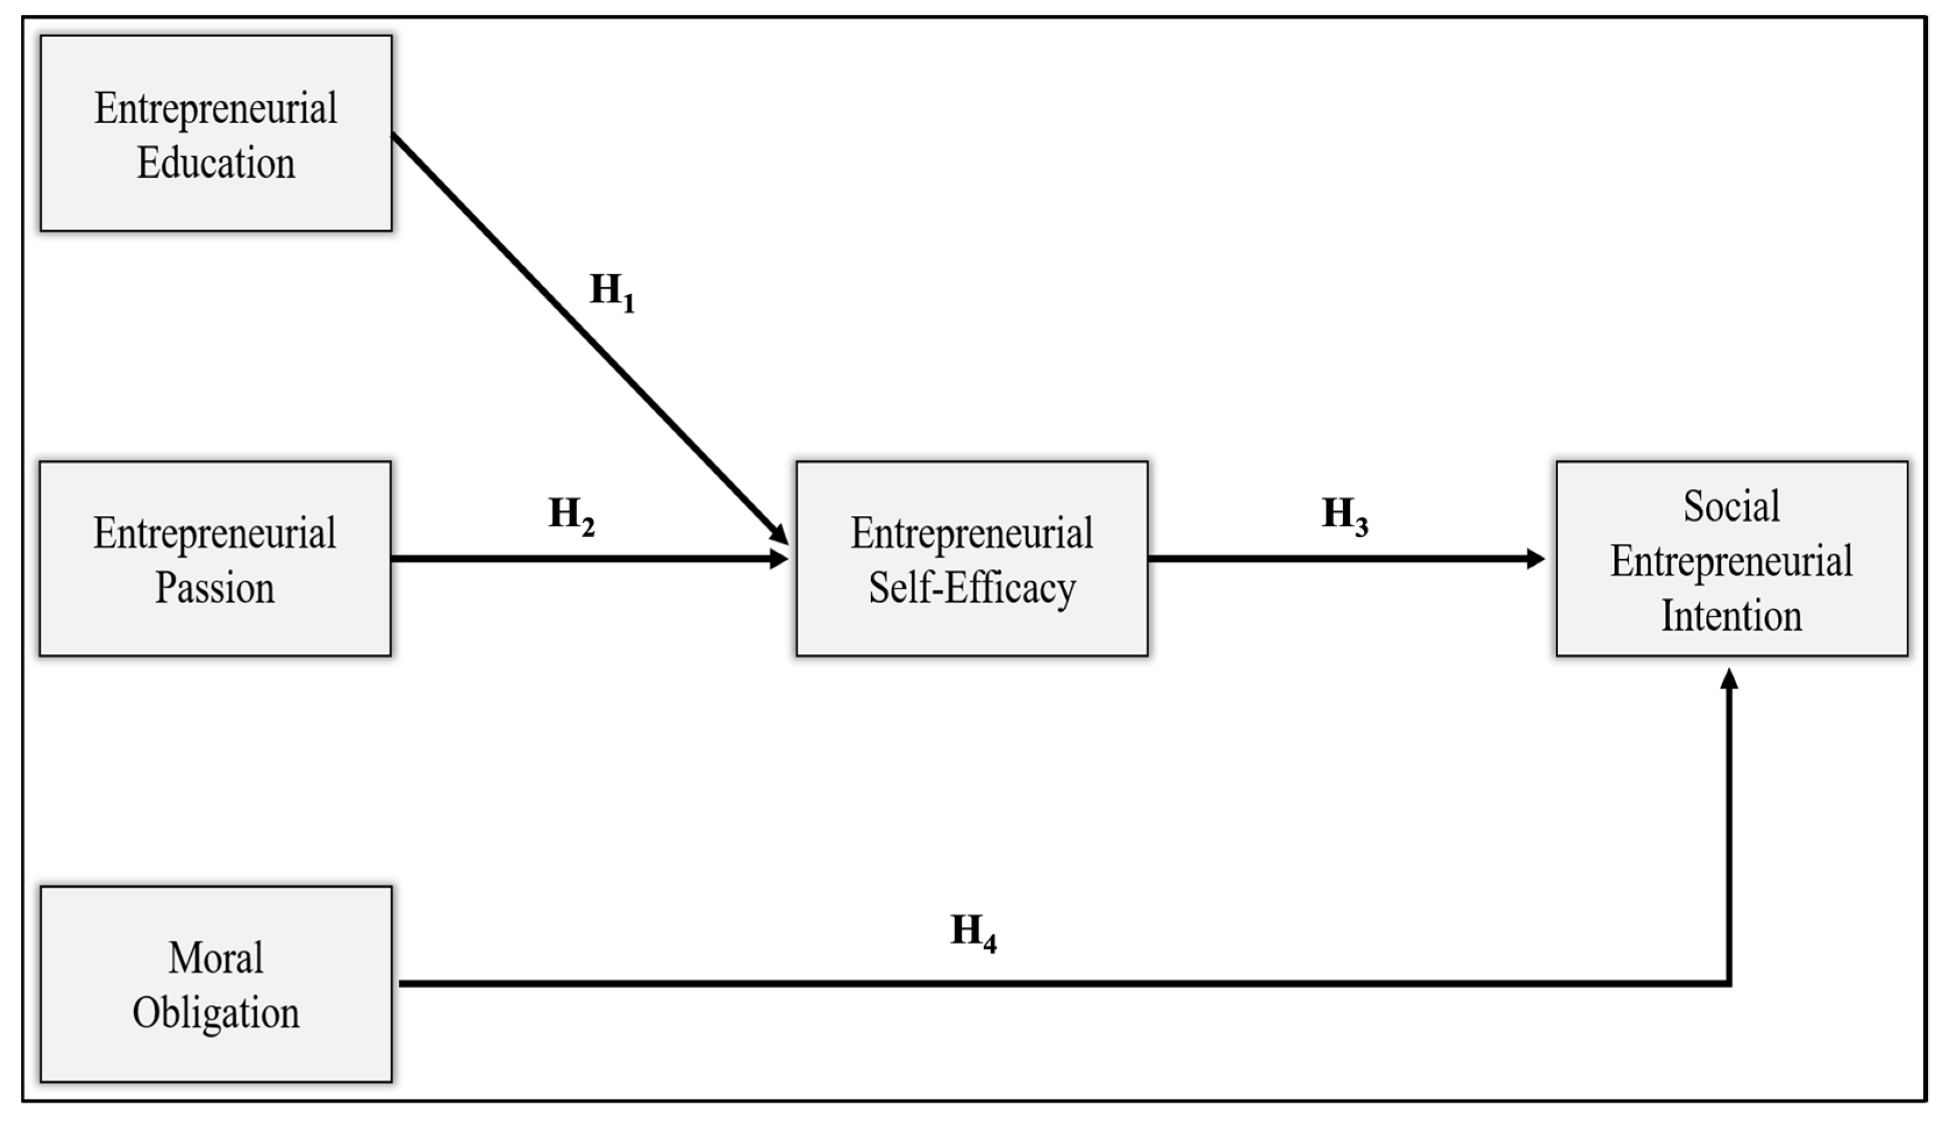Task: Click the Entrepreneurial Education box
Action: pos(216,133)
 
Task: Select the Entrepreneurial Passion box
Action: pos(214,559)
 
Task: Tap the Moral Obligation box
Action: pos(216,984)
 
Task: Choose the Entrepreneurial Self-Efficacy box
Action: pos(972,559)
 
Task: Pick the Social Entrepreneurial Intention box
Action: pos(1731,559)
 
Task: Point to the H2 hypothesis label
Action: pos(571,516)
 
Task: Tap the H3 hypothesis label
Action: pos(1345,516)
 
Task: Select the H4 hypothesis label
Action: pos(973,932)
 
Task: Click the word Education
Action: pos(216,163)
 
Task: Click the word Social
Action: pos(1731,507)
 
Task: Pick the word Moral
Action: pos(216,958)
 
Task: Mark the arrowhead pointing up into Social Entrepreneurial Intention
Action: pos(1730,680)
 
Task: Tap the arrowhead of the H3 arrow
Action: pos(1536,559)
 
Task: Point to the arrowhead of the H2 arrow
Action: pos(778,559)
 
